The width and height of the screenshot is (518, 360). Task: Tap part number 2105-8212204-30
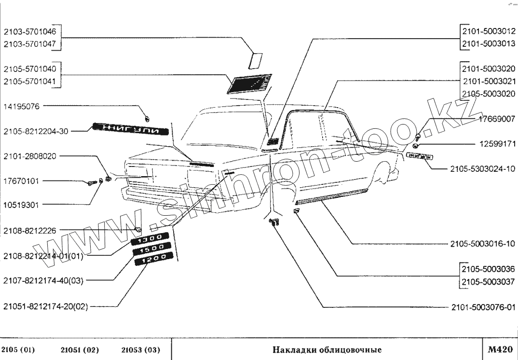(x=36, y=131)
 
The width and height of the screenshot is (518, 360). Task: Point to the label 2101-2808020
(x=29, y=156)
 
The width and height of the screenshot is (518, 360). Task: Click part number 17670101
(x=23, y=181)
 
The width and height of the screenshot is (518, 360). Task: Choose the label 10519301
(x=23, y=204)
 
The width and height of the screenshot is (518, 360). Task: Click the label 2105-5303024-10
(x=482, y=169)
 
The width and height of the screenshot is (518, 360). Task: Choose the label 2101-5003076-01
(x=482, y=306)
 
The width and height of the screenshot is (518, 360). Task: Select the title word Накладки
(x=293, y=349)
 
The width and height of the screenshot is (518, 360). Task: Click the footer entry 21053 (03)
(x=141, y=349)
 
